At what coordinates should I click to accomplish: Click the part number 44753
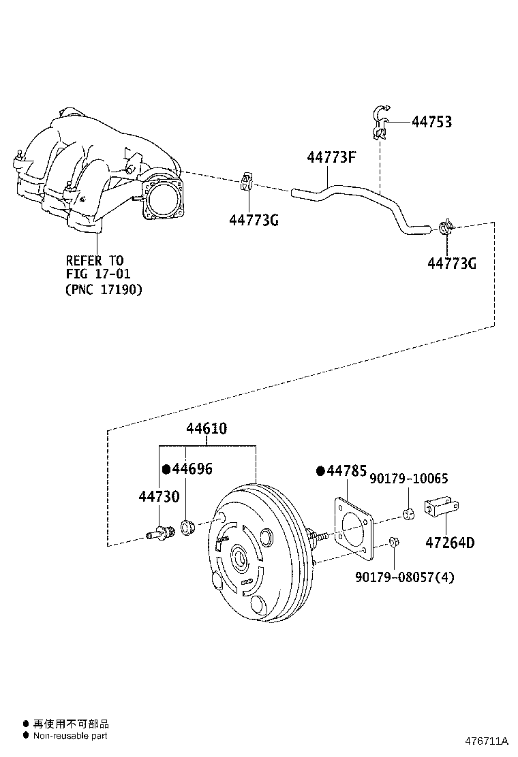coord(431,123)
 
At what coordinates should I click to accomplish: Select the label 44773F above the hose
coord(332,158)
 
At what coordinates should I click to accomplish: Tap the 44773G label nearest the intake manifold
coord(254,220)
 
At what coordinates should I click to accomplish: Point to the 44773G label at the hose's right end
coord(451,263)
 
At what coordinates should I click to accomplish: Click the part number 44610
coord(207,429)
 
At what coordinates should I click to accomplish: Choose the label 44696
coord(192,469)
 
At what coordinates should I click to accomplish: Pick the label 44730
coord(159,497)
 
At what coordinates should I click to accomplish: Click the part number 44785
coord(346,471)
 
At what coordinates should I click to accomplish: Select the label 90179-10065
coord(408,479)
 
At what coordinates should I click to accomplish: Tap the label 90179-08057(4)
coord(404,577)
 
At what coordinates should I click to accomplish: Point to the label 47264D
coord(450,543)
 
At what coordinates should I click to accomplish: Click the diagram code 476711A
coord(487,741)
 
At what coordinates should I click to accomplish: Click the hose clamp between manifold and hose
coord(247,183)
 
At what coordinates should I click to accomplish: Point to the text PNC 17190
coord(104,289)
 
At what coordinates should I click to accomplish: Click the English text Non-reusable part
coord(70,735)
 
